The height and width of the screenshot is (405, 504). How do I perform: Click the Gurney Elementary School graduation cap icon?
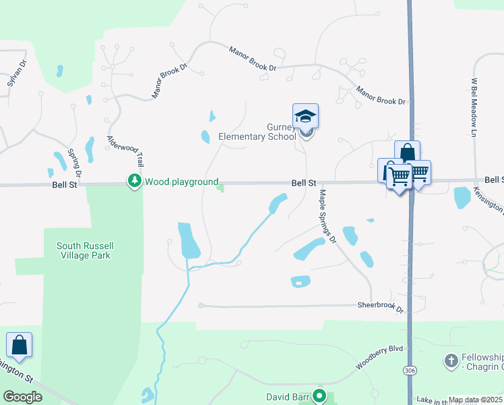point(305,116)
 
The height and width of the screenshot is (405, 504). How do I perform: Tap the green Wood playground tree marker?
point(134,181)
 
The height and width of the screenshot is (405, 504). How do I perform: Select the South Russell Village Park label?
point(83,250)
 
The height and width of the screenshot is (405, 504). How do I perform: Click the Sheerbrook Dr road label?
point(379,306)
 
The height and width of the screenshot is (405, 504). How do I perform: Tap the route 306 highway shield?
point(410,371)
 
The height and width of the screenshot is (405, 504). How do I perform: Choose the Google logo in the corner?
point(22,397)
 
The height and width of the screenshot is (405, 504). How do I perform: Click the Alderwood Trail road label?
point(127,150)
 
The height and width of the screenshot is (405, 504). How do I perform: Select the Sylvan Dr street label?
point(16,74)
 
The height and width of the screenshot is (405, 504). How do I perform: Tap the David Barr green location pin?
point(321,396)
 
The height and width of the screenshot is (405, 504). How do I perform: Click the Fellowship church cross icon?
point(451,360)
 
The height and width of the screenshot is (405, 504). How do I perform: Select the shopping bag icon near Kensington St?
point(19,345)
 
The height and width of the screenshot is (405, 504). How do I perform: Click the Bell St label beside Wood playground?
point(65,184)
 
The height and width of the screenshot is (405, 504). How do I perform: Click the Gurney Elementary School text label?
point(257,132)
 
